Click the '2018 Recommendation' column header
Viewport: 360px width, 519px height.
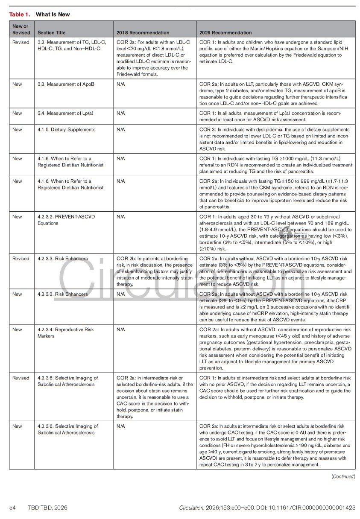[143, 32]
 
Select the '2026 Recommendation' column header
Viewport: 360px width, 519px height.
[225, 32]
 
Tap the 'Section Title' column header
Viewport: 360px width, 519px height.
[52, 32]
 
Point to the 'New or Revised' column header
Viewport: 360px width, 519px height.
[21, 29]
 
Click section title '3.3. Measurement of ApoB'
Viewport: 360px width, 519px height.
[66, 84]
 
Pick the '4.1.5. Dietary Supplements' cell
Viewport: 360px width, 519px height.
[66, 129]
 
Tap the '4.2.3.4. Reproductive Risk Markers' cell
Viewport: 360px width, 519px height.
[65, 332]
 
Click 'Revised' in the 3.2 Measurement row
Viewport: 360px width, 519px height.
[21, 42]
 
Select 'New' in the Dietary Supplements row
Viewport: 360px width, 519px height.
[17, 129]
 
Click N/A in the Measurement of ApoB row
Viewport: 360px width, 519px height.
[120, 84]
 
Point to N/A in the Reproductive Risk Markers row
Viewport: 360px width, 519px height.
[120, 329]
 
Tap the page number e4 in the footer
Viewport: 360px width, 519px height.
[13, 507]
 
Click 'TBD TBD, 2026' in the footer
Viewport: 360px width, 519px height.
[47, 507]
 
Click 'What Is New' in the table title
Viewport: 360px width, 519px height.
[53, 15]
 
